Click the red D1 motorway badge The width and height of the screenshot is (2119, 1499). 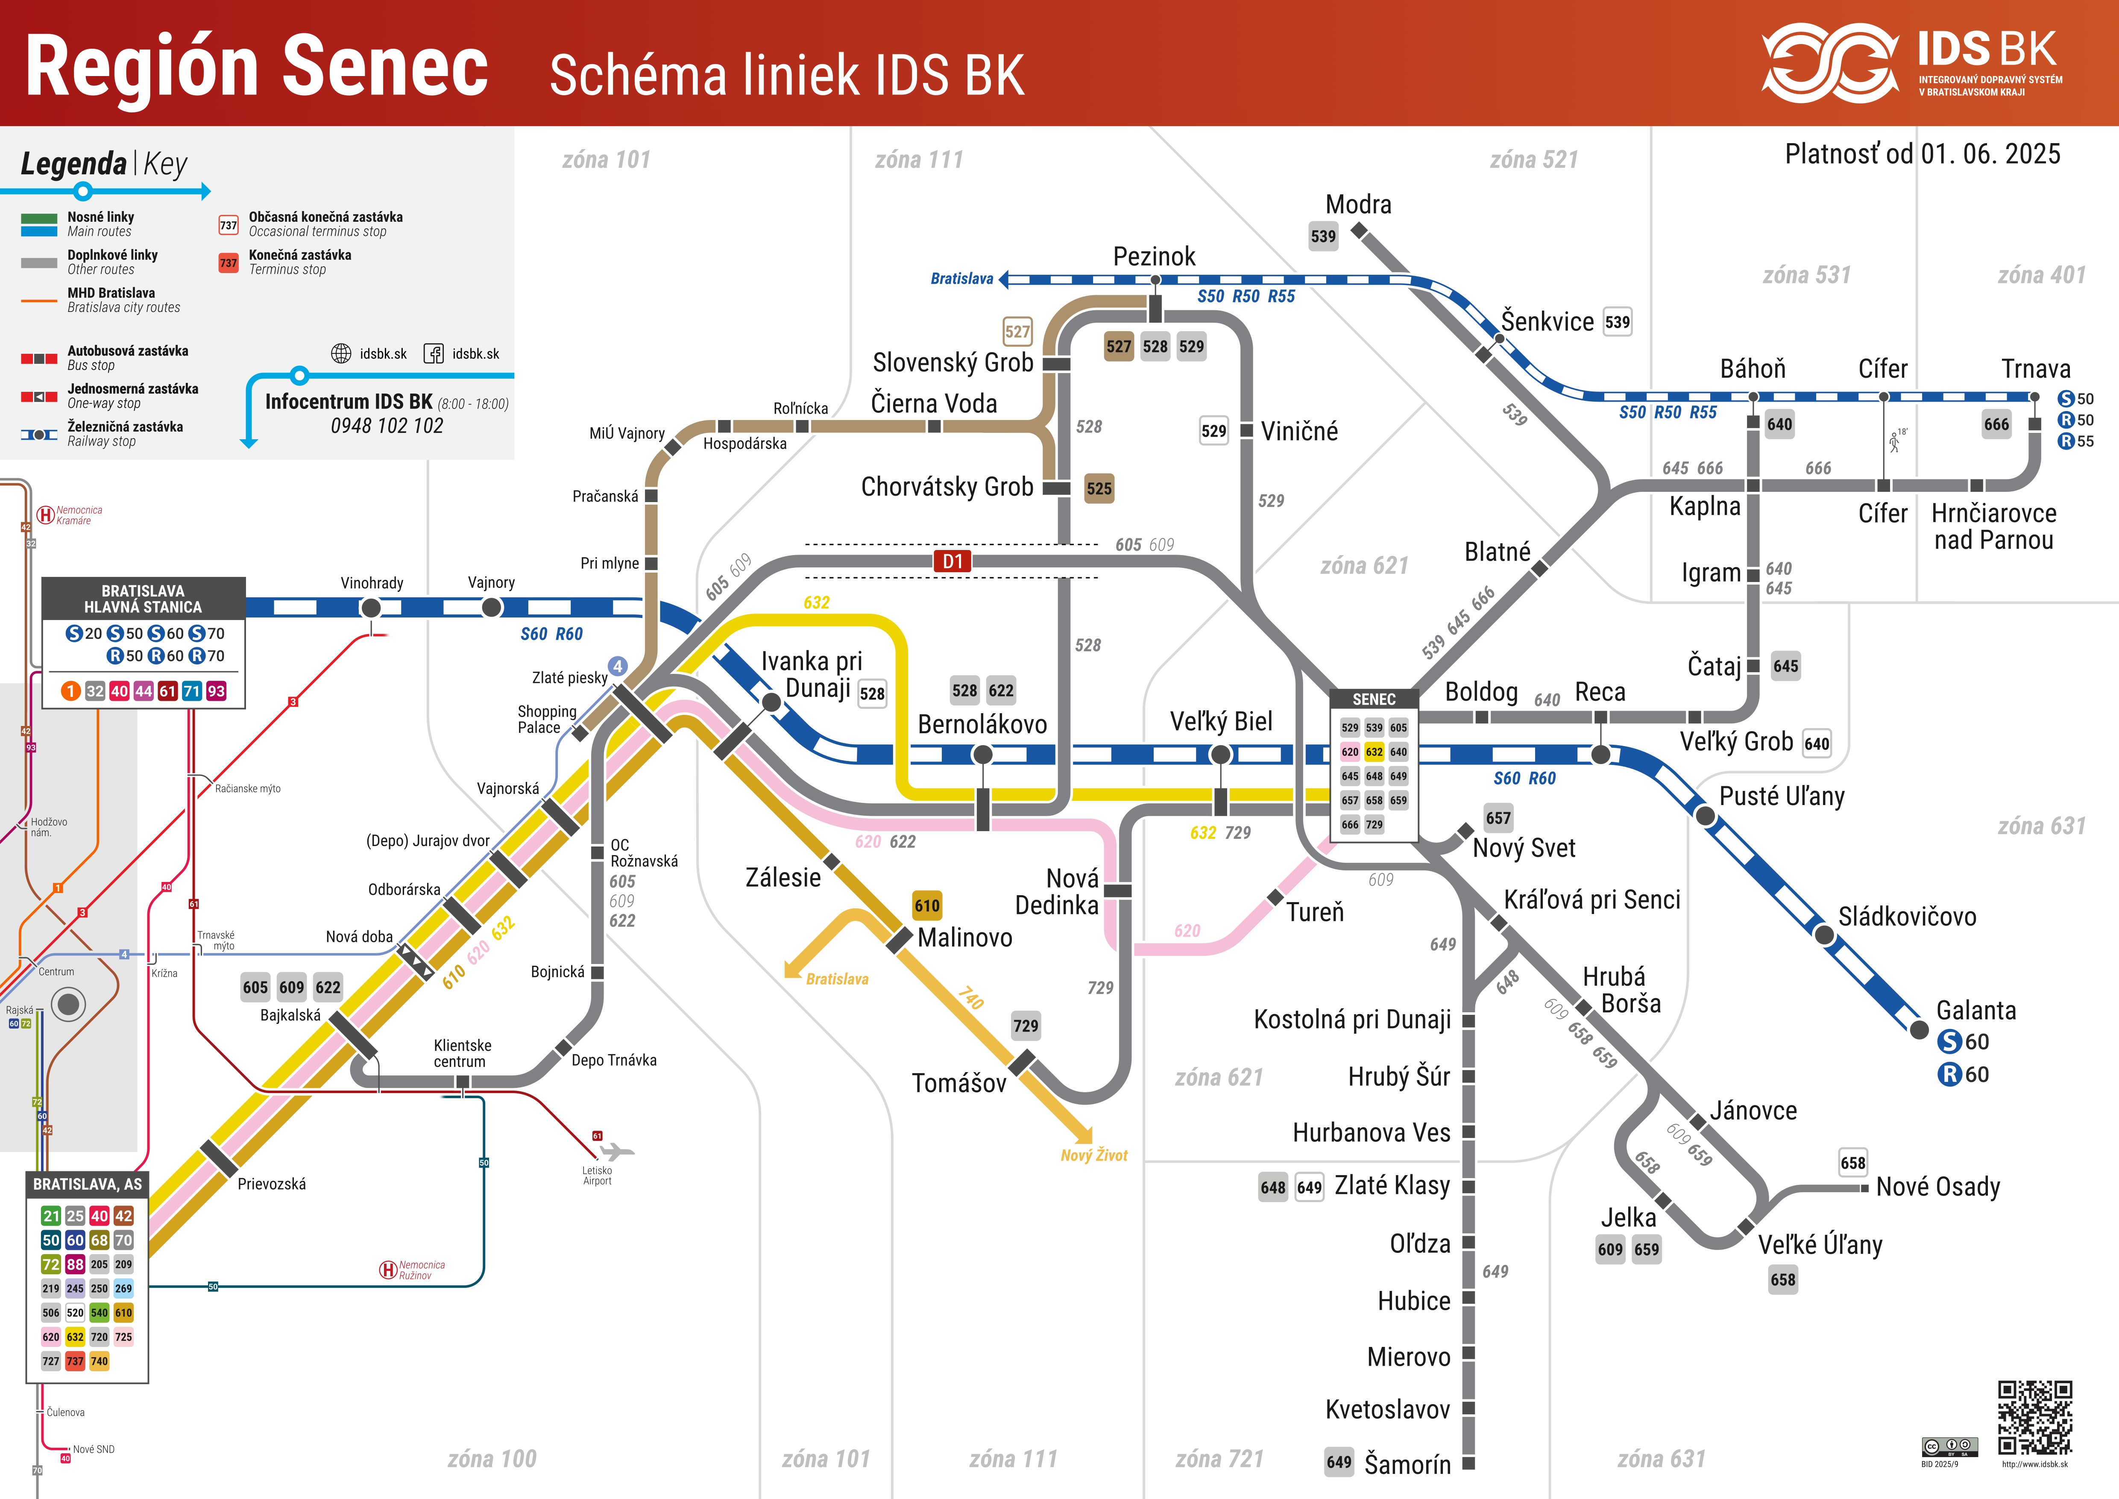click(x=953, y=561)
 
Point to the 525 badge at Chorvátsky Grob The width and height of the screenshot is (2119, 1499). click(x=1098, y=488)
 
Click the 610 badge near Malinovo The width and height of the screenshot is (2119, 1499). click(x=926, y=905)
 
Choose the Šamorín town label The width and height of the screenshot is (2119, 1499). click(x=1407, y=1464)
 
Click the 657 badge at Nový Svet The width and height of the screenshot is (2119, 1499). click(x=1498, y=818)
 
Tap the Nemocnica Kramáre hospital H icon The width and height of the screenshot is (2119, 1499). click(x=44, y=515)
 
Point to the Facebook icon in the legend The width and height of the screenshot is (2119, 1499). click(x=433, y=353)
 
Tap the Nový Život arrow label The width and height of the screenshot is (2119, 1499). click(x=1093, y=1155)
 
